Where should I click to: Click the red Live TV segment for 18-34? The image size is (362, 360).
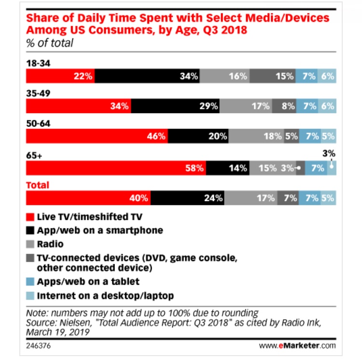(x=60, y=76)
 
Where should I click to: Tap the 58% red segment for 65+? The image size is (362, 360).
(x=116, y=168)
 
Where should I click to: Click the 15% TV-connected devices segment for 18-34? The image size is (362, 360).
(x=273, y=76)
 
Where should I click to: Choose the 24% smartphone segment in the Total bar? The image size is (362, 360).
(x=188, y=198)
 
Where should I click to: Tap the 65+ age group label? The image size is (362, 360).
(x=34, y=157)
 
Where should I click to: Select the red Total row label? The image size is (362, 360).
(x=37, y=185)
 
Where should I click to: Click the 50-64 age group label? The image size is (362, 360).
(x=38, y=124)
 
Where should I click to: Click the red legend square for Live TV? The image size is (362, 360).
(x=30, y=216)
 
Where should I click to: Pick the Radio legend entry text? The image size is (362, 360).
(x=50, y=244)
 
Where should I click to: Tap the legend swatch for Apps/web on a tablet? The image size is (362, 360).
(x=30, y=281)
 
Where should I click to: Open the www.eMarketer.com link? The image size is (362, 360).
(x=299, y=346)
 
